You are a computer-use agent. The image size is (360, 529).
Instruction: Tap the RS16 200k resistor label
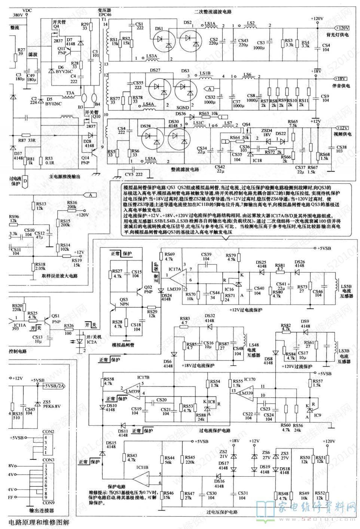tap(72, 204)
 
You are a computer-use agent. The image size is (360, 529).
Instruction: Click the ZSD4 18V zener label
tap(266, 132)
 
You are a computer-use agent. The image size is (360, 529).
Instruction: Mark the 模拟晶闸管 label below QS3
tap(123, 344)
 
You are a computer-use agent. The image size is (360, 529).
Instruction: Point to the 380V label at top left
tap(18, 15)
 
